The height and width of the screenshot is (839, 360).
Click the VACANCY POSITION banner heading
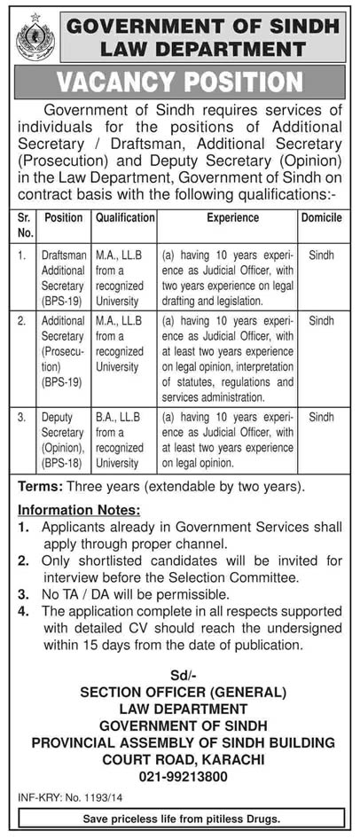point(181,82)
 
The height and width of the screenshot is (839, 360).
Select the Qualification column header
point(125,217)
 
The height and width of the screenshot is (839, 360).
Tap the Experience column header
point(233,217)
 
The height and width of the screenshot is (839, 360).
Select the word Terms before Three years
point(40,487)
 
